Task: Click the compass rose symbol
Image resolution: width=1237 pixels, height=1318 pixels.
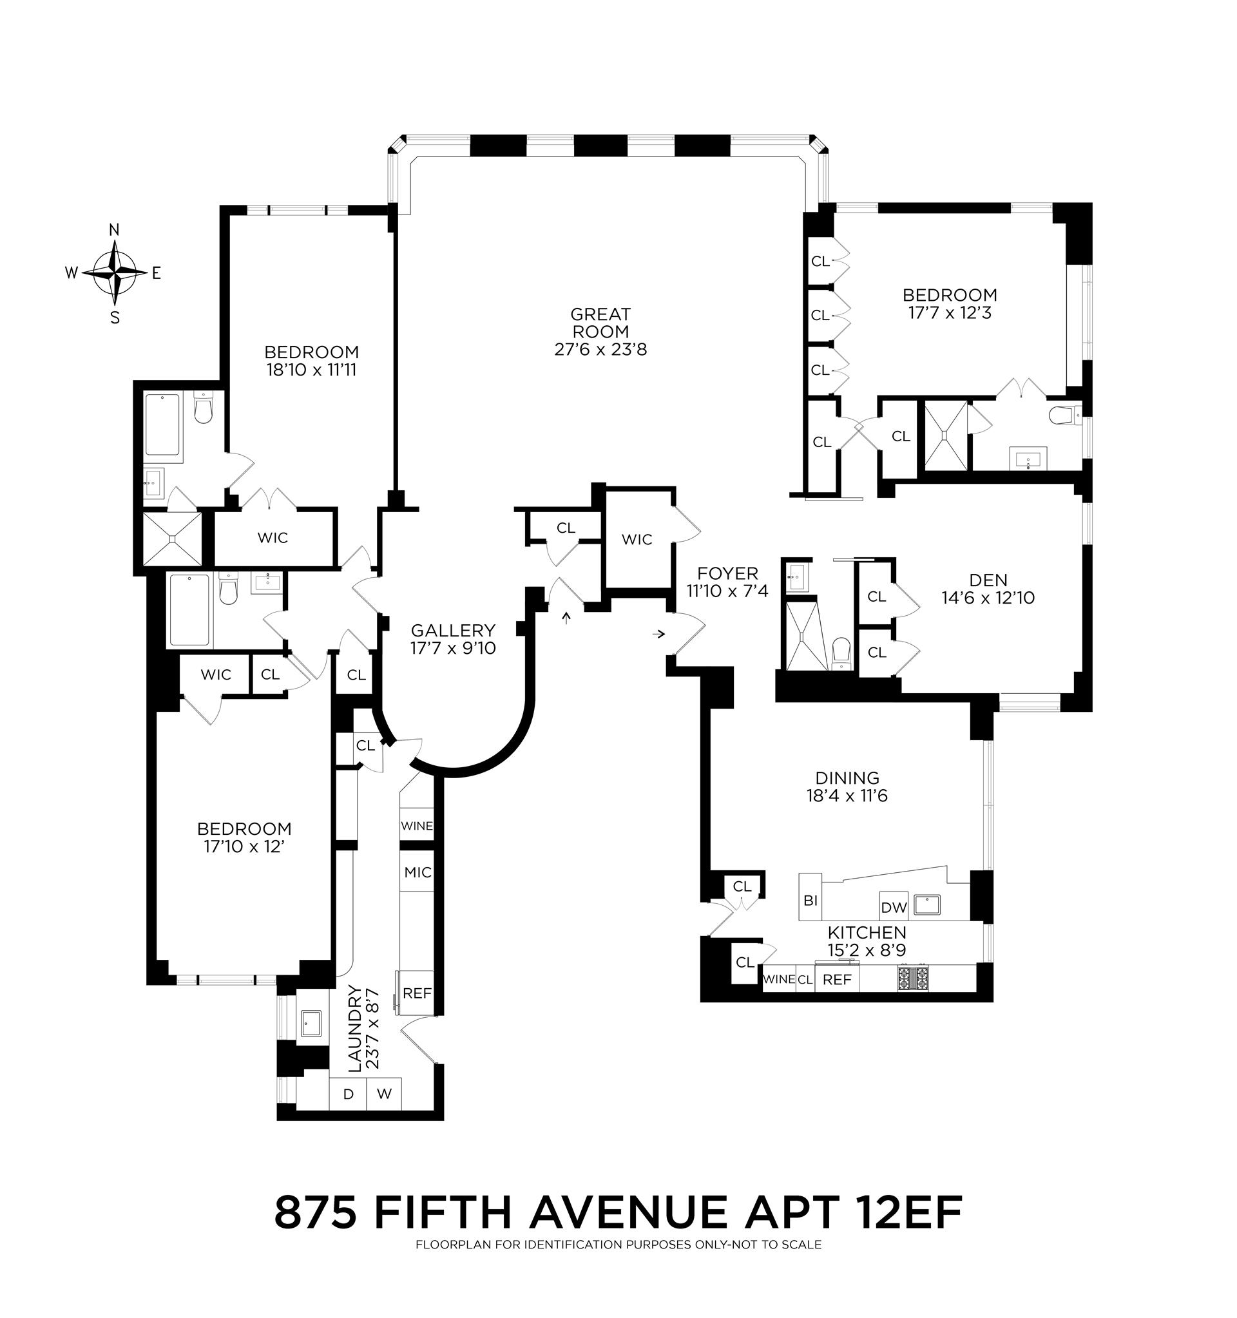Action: pyautogui.click(x=115, y=273)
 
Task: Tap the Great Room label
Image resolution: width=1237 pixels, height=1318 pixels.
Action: pyautogui.click(x=600, y=323)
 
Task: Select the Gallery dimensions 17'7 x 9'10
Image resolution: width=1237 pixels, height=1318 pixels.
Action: pyautogui.click(x=453, y=649)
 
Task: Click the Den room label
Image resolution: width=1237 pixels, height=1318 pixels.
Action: pyautogui.click(x=988, y=580)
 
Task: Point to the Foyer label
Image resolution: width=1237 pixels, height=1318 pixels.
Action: pyautogui.click(x=727, y=573)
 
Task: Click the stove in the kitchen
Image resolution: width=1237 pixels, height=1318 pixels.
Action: pyautogui.click(x=914, y=979)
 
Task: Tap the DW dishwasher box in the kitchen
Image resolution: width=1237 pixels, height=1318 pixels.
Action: pyautogui.click(x=893, y=908)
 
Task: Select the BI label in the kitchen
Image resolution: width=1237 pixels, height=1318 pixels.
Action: pyautogui.click(x=810, y=901)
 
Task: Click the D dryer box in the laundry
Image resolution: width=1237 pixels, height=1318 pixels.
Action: pyautogui.click(x=348, y=1094)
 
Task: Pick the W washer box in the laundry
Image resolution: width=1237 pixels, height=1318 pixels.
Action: pyautogui.click(x=385, y=1094)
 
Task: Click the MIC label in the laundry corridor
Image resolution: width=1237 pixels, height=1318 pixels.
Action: pyautogui.click(x=417, y=872)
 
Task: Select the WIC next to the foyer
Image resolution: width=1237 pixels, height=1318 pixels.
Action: pyautogui.click(x=637, y=540)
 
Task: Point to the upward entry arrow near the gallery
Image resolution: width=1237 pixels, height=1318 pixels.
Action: pyautogui.click(x=566, y=618)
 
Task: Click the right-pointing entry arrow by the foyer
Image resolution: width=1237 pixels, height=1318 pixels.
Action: pyautogui.click(x=658, y=635)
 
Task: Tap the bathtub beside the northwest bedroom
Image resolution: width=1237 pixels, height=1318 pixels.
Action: pyautogui.click(x=163, y=425)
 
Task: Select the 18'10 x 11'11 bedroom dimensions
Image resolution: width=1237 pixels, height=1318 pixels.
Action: pyautogui.click(x=311, y=370)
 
